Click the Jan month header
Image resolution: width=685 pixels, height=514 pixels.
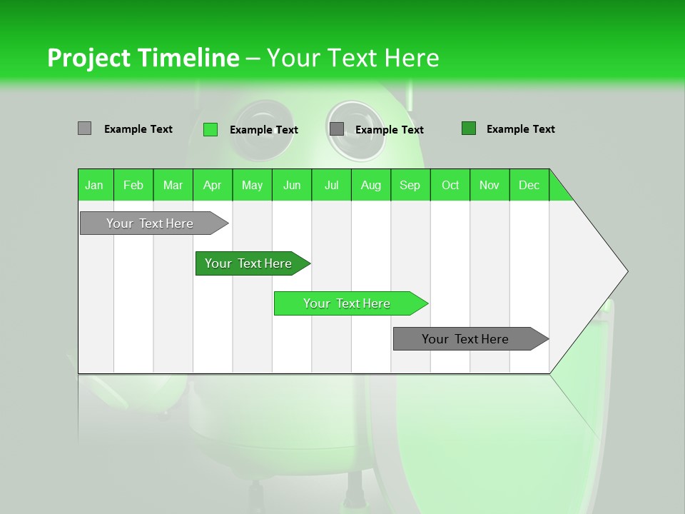coord(94,185)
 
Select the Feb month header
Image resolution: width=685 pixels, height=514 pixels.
coord(133,185)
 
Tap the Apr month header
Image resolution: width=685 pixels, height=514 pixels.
coord(212,185)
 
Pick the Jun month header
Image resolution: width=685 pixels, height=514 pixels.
coord(292,185)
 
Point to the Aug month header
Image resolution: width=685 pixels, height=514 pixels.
coord(371,185)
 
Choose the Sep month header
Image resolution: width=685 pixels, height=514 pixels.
coord(410,185)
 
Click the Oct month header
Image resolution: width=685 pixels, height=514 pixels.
coord(450,185)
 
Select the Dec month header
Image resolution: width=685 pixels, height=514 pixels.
coord(529,185)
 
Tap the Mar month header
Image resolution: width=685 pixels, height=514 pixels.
coord(173,185)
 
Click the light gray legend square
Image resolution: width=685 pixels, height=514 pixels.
coord(84,128)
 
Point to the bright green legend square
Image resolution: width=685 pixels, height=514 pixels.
coord(210,129)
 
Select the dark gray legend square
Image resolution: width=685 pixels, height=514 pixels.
coord(337,128)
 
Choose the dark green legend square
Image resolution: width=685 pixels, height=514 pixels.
coord(469,128)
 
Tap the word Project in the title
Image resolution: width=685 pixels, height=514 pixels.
coord(88,58)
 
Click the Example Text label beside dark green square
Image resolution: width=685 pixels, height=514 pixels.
coord(520,129)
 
